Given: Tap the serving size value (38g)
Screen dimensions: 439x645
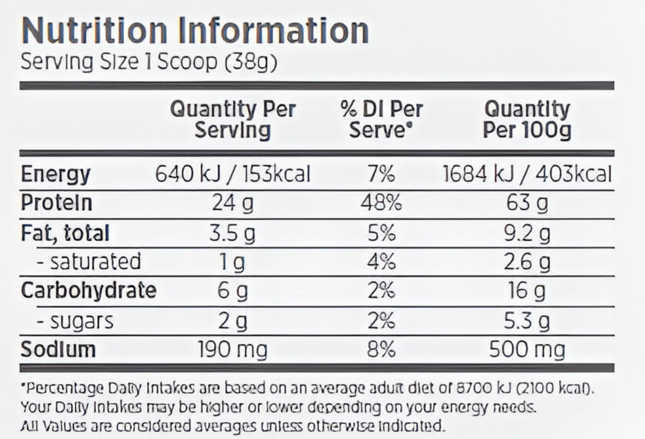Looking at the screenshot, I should click(250, 62).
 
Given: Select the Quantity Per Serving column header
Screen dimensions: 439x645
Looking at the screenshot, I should click(233, 120).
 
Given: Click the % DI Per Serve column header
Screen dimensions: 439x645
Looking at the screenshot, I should click(381, 120).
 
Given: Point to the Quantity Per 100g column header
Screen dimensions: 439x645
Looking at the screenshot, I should click(527, 120).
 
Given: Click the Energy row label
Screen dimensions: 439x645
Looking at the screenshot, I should click(55, 174).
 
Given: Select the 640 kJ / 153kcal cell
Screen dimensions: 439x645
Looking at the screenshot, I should click(232, 174).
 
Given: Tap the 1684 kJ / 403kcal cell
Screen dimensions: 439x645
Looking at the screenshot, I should click(527, 174).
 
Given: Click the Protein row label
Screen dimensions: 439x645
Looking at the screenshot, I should click(57, 203).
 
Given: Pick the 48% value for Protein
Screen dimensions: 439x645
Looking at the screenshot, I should click(381, 203).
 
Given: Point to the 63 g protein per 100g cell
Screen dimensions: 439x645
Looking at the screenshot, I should click(527, 203).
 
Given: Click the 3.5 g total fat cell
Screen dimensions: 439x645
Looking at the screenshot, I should click(232, 233).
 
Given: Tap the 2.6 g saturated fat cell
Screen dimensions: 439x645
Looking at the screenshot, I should click(527, 262).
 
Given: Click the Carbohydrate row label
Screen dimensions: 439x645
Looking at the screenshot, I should click(88, 290).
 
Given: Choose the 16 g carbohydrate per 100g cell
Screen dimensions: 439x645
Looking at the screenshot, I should click(527, 291).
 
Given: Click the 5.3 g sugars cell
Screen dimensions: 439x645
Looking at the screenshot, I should click(527, 321).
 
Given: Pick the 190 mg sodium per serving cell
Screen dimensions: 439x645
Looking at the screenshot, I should click(233, 350).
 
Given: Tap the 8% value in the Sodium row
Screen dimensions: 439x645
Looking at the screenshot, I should click(381, 350).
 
